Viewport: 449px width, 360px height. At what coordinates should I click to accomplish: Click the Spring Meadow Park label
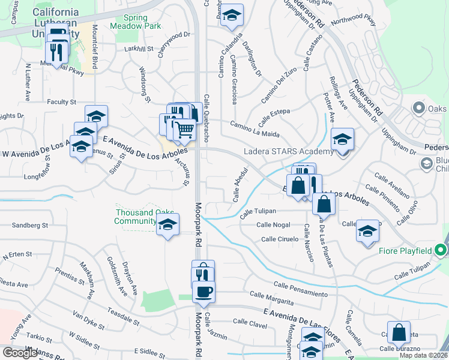143,22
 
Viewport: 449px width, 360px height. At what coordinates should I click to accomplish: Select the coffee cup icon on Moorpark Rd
203,292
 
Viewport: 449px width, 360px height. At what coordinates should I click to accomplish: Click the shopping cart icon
185,129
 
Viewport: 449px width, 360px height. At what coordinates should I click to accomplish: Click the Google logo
20,353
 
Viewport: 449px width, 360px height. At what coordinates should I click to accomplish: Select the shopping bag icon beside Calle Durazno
399,333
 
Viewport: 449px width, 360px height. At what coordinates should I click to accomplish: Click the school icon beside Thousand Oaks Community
168,226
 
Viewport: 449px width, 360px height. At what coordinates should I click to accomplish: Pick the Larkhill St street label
139,48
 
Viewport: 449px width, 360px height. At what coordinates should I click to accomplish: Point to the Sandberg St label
30,226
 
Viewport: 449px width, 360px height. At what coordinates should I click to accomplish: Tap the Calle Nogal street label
273,224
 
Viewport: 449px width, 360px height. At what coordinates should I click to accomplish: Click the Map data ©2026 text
423,355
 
